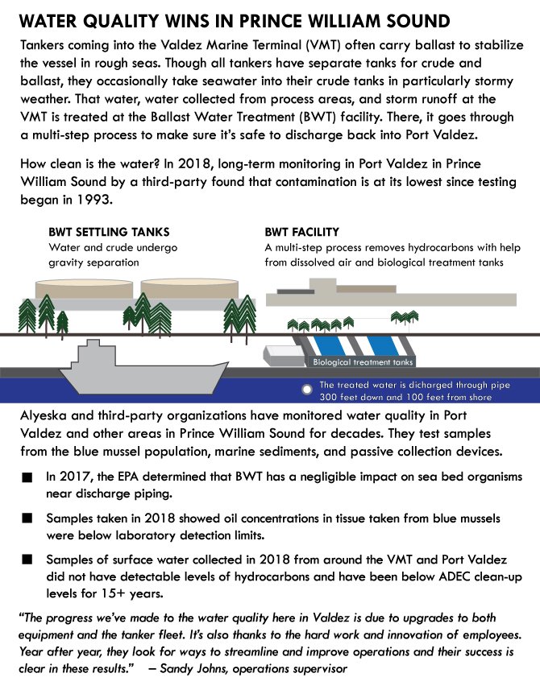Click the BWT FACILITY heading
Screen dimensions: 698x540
coord(301,233)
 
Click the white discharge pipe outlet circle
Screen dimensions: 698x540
coord(306,390)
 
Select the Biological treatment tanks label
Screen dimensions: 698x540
coord(362,362)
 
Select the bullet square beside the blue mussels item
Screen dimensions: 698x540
coord(28,518)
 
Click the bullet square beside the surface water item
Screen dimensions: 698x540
coord(28,559)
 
